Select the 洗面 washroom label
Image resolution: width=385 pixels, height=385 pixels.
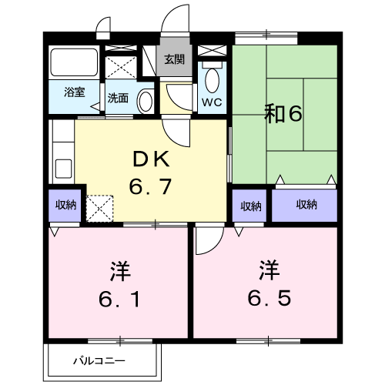point(118,98)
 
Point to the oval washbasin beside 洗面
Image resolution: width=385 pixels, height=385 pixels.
point(144,99)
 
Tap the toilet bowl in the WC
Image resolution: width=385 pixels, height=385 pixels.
point(213,79)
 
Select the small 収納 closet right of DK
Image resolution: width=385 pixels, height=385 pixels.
point(250,206)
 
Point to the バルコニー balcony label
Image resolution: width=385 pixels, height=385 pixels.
point(99,360)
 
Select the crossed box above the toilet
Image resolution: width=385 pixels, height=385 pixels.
point(212,52)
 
